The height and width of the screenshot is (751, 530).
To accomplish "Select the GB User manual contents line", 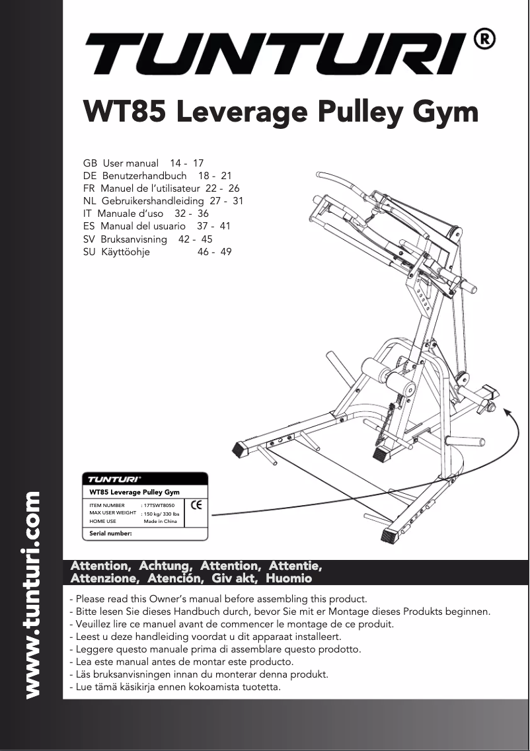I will click(x=143, y=163).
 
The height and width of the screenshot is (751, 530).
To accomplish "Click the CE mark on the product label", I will click(x=196, y=505).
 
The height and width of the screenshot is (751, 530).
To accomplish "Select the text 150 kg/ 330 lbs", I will click(x=162, y=514).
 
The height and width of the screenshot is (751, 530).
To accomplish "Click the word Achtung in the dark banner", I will click(x=165, y=567).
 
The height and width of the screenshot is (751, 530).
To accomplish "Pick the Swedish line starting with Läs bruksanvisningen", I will click(x=199, y=675).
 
